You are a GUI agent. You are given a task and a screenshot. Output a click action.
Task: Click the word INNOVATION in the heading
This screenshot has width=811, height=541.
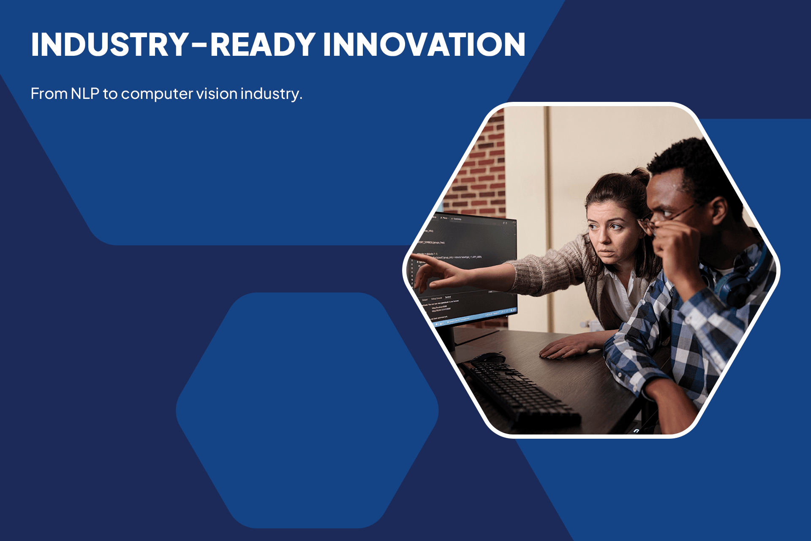coord(424,44)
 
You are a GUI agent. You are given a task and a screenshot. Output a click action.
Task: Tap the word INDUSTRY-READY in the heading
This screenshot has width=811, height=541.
coord(173,44)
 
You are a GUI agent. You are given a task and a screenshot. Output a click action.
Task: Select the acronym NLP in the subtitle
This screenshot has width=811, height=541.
coord(85,93)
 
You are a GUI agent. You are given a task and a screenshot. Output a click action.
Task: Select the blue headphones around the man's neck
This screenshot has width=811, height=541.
coord(743,279)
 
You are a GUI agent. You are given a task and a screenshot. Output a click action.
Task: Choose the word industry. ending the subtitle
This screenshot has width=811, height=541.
coord(271,94)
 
